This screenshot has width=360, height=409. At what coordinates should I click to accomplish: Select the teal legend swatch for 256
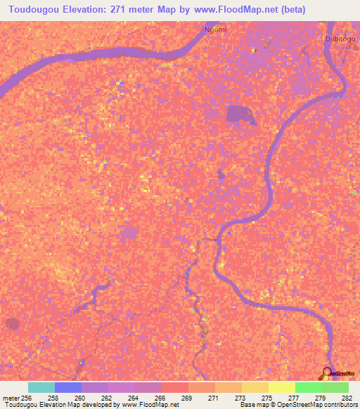pos(41,387)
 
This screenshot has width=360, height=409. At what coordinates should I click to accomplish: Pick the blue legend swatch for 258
pos(68,387)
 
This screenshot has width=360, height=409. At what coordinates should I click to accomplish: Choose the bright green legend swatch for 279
pos(309,387)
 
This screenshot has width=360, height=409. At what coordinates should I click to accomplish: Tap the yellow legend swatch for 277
pos(282,387)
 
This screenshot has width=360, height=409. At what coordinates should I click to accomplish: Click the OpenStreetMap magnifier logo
pos(328,372)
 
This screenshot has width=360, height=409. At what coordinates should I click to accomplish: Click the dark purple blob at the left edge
pos(12,324)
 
